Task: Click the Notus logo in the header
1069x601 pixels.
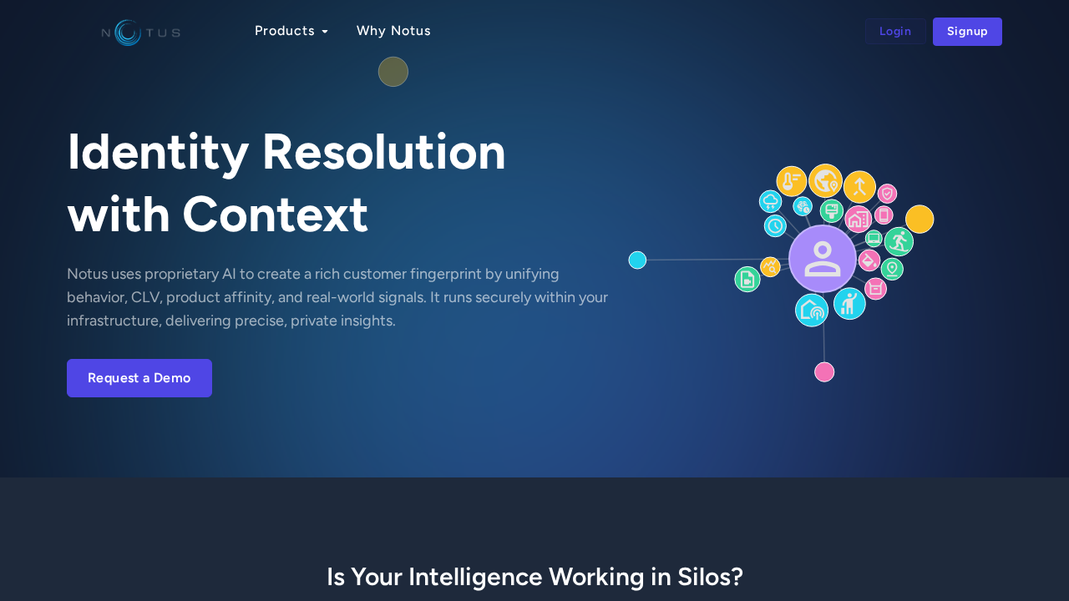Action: (x=140, y=33)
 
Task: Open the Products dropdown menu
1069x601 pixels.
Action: (x=291, y=31)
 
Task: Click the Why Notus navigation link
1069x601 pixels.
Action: (x=393, y=31)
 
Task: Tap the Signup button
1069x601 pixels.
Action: (x=967, y=32)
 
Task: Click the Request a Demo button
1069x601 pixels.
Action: (x=139, y=378)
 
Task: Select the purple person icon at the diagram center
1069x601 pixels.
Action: (x=823, y=259)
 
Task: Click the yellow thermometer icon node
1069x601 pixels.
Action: (x=791, y=181)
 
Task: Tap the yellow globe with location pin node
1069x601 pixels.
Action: (x=825, y=180)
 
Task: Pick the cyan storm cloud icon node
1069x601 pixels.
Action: (x=770, y=201)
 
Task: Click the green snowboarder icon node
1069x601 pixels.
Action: (x=899, y=242)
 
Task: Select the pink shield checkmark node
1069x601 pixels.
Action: (x=887, y=194)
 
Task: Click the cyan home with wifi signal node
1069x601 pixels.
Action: (x=812, y=310)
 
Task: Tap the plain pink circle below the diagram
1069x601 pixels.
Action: (x=824, y=372)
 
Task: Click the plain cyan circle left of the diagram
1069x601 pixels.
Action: (x=637, y=260)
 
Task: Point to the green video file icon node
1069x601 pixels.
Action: (x=747, y=280)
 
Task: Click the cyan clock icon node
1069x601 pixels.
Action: (x=775, y=225)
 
